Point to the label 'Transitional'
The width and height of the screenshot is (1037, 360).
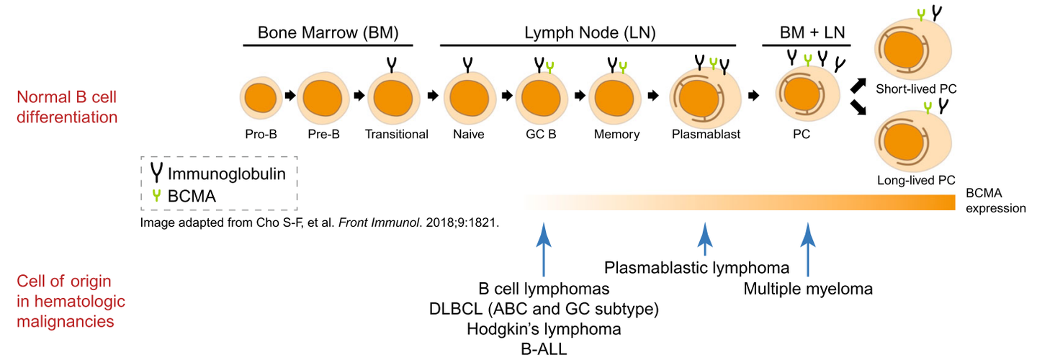pyautogui.click(x=396, y=134)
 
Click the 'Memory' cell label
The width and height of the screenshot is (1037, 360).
pyautogui.click(x=616, y=134)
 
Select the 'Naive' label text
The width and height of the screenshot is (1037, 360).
pyautogui.click(x=469, y=134)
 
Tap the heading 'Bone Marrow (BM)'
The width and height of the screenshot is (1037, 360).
pyautogui.click(x=328, y=32)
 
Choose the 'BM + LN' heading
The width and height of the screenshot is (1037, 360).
pyautogui.click(x=807, y=32)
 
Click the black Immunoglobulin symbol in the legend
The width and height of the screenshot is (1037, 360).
pyautogui.click(x=156, y=173)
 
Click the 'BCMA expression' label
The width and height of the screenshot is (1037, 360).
pyautogui.click(x=997, y=200)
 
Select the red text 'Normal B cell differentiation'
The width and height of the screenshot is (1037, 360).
pyautogui.click(x=67, y=106)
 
